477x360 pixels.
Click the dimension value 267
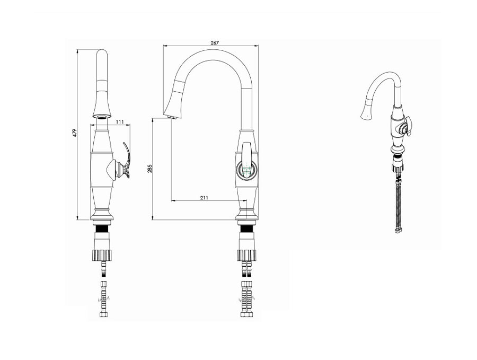coord(215,43)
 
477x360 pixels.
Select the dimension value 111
coord(120,122)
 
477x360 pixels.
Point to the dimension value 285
coord(149,168)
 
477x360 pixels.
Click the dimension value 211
coord(204,198)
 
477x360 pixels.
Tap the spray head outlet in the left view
coord(102,117)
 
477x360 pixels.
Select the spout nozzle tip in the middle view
coord(172,117)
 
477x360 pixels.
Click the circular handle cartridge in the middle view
coord(246,170)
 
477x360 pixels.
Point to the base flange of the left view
coord(103,215)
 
